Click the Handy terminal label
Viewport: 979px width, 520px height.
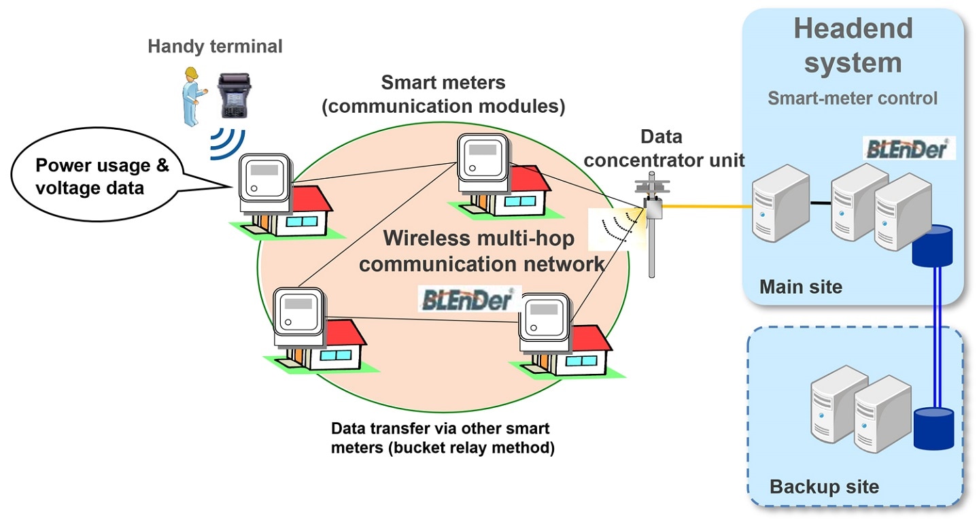coord(215,47)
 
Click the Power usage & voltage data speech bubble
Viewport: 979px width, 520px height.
coord(102,176)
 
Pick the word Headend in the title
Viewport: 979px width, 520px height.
coord(853,29)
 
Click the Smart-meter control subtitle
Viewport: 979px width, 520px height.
coord(853,99)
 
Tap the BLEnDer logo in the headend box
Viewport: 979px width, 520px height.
coord(909,148)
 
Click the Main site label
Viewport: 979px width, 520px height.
coord(800,287)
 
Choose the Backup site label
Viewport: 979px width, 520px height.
coord(824,487)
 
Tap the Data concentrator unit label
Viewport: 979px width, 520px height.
coord(664,148)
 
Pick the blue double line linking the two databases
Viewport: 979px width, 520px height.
coord(938,336)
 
